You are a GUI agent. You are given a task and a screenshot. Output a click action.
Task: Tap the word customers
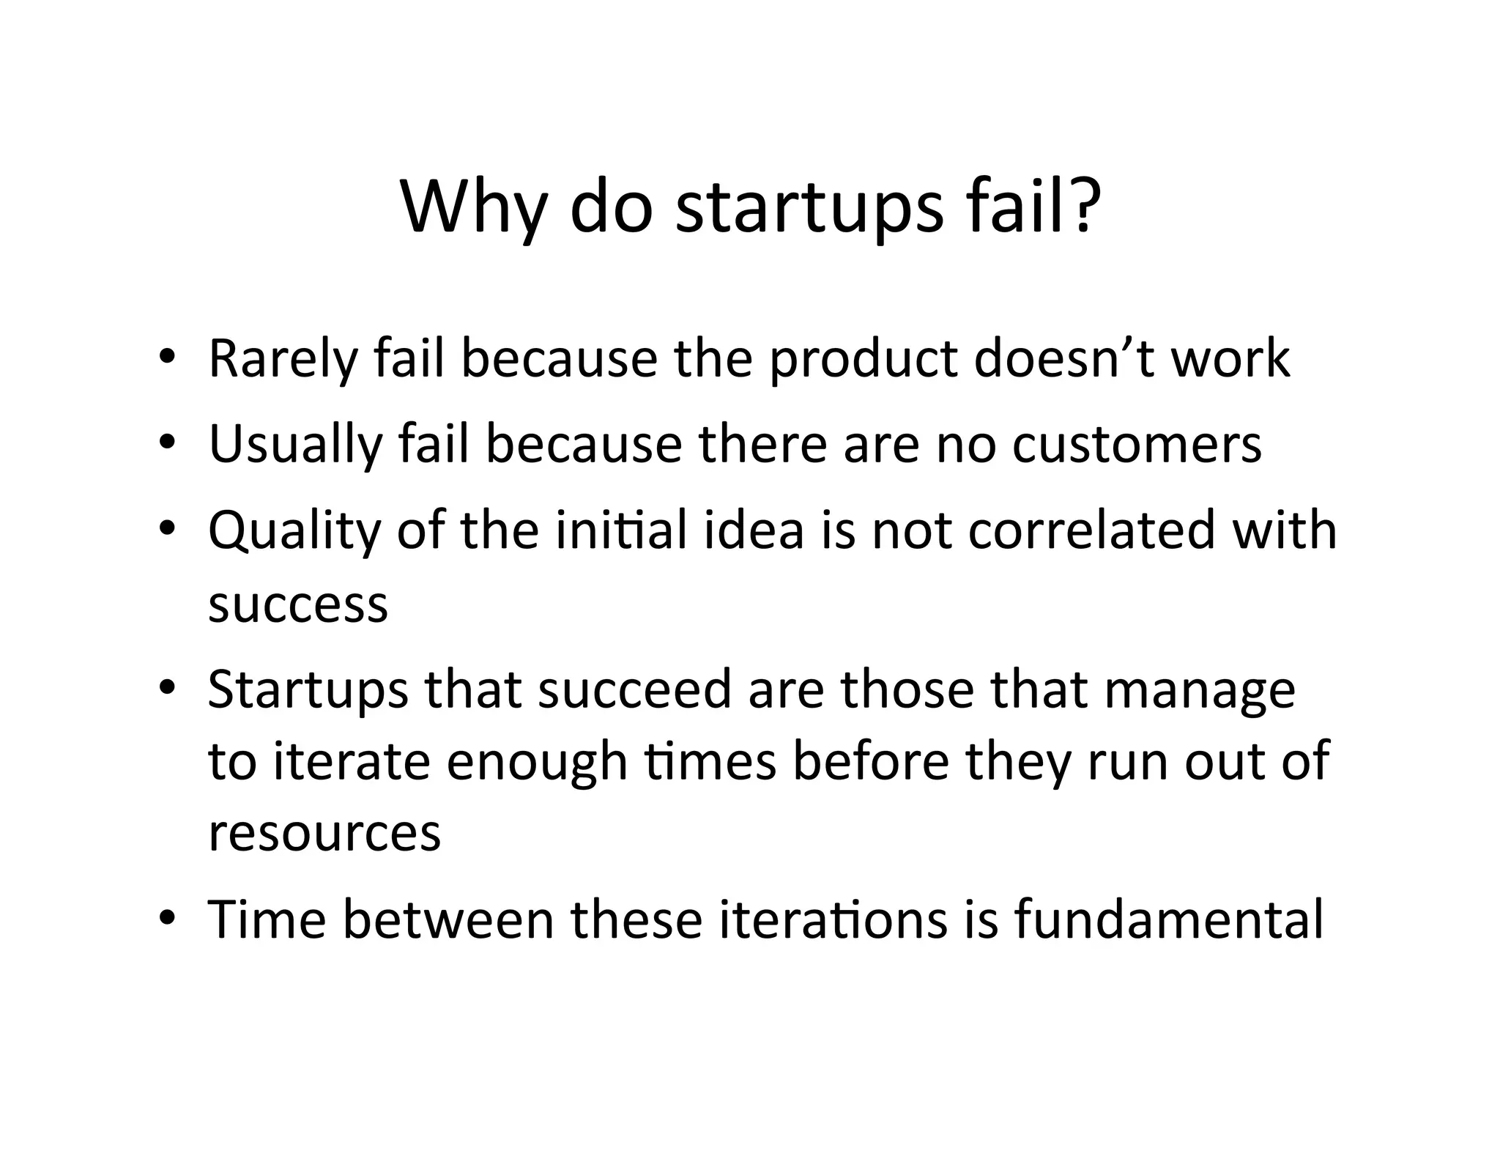coord(1137,445)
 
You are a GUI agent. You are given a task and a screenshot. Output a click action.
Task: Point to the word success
coord(298,605)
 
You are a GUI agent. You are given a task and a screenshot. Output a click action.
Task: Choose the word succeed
coord(634,689)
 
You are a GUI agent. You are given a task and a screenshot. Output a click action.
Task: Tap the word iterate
coord(351,761)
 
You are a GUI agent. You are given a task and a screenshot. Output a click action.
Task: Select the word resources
coord(324,833)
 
